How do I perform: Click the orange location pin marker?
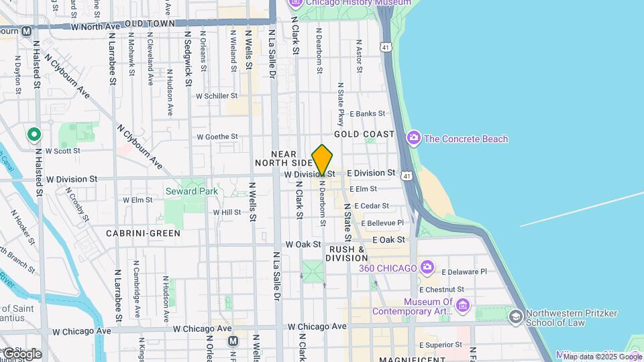pyautogui.click(x=323, y=160)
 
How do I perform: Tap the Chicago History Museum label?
pyautogui.click(x=358, y=3)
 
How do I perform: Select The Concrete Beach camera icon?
pyautogui.click(x=414, y=139)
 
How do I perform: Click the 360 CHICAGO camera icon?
pyautogui.click(x=427, y=268)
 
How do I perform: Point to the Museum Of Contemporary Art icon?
pyautogui.click(x=463, y=306)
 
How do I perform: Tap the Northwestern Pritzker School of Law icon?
pyautogui.click(x=515, y=317)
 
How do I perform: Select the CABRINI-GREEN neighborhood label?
pyautogui.click(x=143, y=233)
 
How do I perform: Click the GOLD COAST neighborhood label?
pyautogui.click(x=364, y=134)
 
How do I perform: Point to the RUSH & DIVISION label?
pyautogui.click(x=346, y=253)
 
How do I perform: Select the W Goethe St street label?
pyautogui.click(x=217, y=137)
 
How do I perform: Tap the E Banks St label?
pyautogui.click(x=367, y=114)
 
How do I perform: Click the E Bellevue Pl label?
pyautogui.click(x=382, y=223)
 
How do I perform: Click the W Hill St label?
pyautogui.click(x=227, y=212)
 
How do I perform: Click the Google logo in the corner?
pyautogui.click(x=21, y=353)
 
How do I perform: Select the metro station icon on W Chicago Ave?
pyautogui.click(x=233, y=341)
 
